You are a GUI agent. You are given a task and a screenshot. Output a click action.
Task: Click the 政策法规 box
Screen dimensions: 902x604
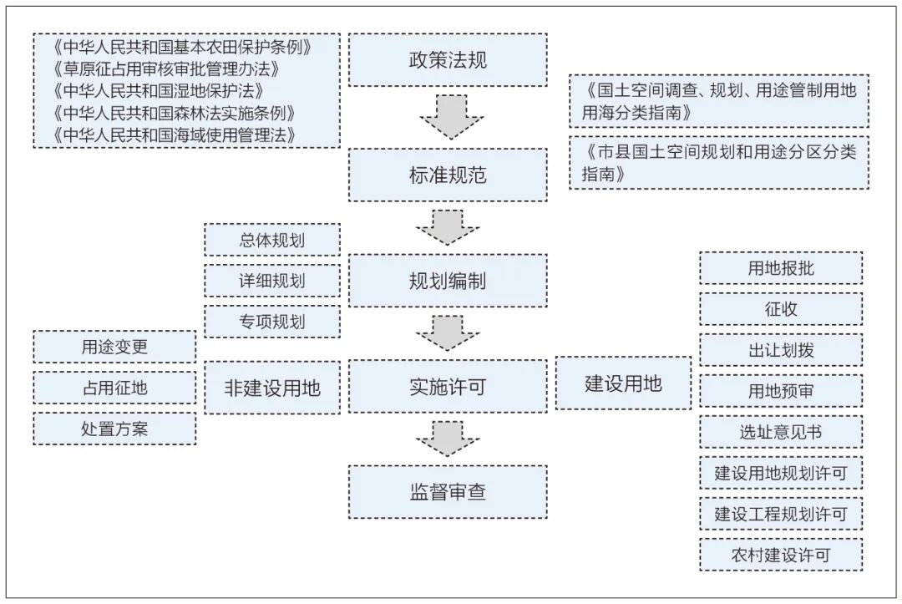coord(448,60)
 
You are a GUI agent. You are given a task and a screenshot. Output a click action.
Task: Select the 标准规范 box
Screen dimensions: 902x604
coord(448,175)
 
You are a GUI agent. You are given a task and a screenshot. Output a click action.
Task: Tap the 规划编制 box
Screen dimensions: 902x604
coord(448,281)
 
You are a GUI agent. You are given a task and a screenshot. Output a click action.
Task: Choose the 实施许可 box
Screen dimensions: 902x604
coord(448,387)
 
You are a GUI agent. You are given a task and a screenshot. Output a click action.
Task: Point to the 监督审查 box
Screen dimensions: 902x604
coord(448,492)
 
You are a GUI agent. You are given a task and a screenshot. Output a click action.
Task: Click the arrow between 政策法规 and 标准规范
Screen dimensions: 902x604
coord(451,117)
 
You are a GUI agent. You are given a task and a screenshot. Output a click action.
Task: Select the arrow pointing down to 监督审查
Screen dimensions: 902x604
coord(448,439)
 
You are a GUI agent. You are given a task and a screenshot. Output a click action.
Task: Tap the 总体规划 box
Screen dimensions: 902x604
coord(272,240)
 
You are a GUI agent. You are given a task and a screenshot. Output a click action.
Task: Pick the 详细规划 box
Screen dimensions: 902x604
coord(272,281)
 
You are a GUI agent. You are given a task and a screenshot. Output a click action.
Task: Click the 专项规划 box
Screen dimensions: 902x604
coord(272,322)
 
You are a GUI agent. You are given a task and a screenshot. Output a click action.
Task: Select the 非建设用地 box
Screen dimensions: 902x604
coord(272,388)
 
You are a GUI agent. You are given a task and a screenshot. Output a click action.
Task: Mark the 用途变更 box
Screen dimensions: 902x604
coord(114,347)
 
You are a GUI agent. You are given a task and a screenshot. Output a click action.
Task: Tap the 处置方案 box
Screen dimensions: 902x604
coord(114,429)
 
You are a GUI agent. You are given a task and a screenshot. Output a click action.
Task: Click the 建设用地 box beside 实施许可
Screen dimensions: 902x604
coord(623,383)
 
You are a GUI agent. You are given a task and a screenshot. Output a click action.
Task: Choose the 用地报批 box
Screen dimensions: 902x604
coord(781,268)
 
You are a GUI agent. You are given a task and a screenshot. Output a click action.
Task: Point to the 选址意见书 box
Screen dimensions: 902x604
coord(781,432)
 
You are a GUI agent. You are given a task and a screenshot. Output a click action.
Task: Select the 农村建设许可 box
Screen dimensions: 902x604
coord(781,555)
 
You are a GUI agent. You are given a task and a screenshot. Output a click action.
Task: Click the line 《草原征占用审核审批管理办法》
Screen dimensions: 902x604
coord(166,69)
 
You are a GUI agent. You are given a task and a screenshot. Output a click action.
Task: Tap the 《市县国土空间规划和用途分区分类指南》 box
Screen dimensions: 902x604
coord(719,163)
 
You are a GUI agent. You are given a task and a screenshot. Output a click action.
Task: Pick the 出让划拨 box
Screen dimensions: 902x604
coord(781,350)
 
